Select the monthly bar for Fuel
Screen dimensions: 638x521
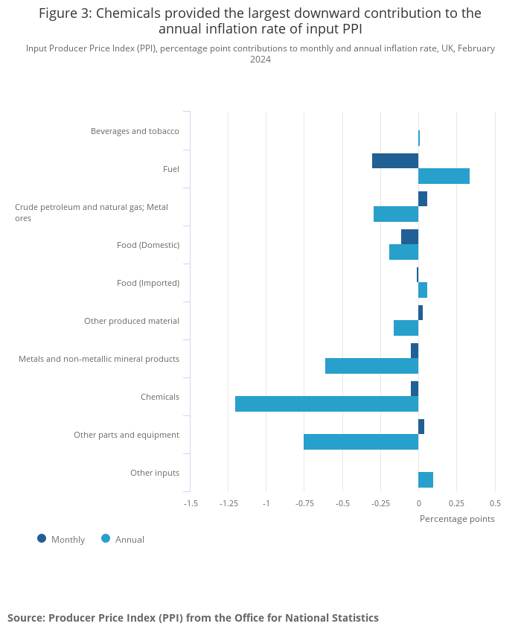394,161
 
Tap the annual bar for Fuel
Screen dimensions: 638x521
444,176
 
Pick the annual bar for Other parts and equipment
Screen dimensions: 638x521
360,441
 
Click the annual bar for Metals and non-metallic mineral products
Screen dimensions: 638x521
371,366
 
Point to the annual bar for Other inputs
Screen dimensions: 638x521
426,479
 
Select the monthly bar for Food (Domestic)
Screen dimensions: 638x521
409,237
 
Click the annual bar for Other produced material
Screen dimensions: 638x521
406,328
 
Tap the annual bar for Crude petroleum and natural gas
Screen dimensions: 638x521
395,214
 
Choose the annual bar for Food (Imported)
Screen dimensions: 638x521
423,290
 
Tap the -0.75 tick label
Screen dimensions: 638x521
304,503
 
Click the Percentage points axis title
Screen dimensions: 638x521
457,519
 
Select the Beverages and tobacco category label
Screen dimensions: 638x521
135,131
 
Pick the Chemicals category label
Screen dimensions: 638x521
160,397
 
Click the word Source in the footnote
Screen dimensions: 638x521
25,618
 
